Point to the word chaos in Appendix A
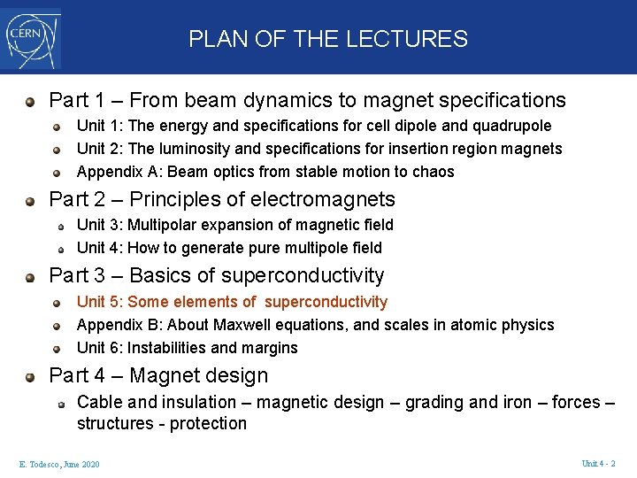434,172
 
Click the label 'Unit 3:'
100,225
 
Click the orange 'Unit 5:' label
100,302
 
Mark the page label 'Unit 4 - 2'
598,464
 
